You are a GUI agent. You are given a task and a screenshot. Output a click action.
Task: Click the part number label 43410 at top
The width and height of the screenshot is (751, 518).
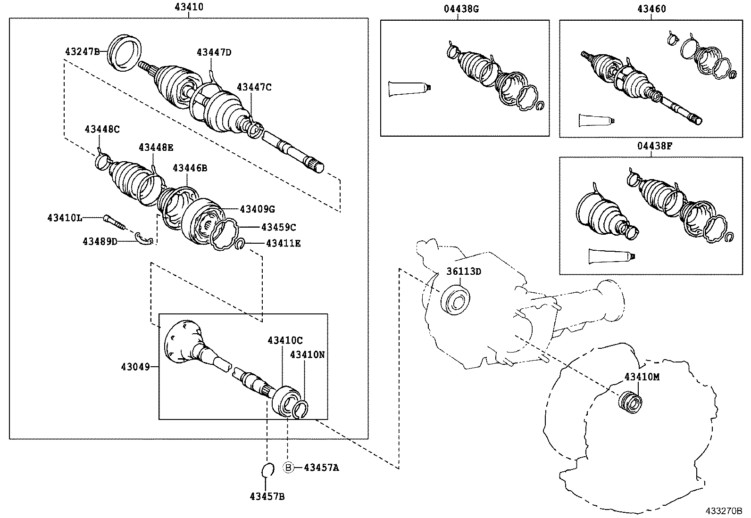point(189,7)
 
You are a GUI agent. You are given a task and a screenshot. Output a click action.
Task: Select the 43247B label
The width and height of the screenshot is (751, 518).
point(82,51)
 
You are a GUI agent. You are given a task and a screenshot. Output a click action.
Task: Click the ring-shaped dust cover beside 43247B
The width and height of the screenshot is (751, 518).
point(125,52)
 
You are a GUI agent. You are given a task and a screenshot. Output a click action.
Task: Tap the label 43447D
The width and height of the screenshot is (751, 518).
point(214,52)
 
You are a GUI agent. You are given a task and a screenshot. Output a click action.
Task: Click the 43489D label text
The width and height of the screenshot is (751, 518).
point(100,241)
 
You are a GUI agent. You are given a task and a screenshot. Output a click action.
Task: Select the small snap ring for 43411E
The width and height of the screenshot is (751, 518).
point(239,244)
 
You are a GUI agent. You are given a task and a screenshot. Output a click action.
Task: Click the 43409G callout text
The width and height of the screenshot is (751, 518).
point(257,209)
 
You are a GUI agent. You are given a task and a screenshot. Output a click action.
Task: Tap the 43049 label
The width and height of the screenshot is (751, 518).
point(135,366)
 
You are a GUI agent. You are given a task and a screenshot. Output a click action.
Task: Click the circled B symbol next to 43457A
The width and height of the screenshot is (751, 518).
point(288,468)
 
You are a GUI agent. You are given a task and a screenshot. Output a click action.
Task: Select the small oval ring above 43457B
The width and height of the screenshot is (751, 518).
point(267,470)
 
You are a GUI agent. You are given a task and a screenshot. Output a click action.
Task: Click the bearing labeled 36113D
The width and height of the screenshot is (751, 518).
point(456,299)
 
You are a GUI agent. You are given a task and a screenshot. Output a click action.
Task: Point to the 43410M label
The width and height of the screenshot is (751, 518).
point(642,377)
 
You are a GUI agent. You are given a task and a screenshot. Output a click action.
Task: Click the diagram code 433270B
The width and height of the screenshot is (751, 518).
point(724,511)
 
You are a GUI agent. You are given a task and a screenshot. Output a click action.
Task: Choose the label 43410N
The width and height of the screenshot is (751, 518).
point(307,354)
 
